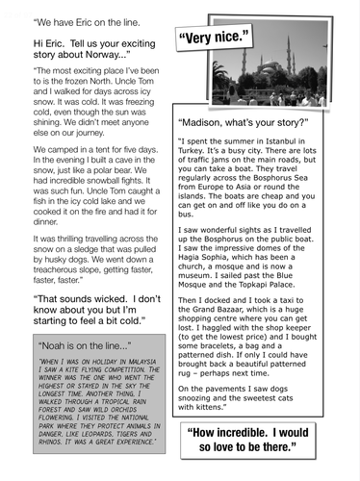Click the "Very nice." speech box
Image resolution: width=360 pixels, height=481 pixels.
click(214, 39)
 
